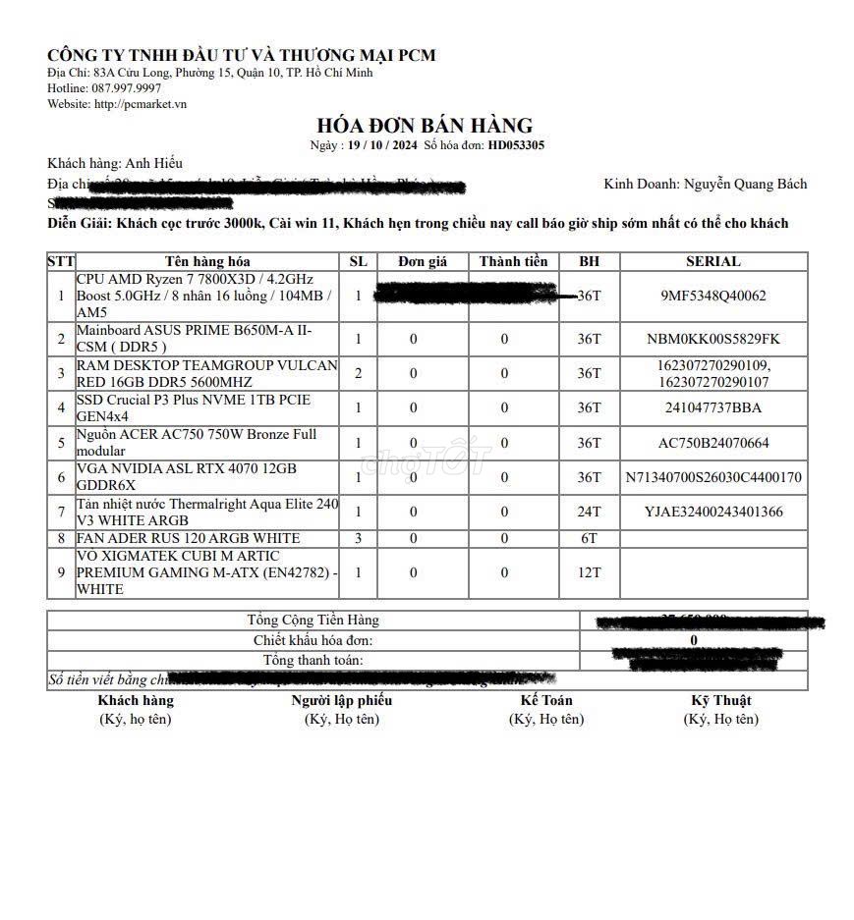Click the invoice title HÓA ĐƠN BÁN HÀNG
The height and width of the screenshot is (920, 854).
424,126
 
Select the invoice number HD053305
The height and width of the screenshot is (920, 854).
516,145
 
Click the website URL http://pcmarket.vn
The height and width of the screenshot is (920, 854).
141,104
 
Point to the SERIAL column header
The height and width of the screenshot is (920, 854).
712,261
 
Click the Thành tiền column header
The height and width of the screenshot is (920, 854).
513,261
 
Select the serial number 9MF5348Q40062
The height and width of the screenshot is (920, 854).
713,296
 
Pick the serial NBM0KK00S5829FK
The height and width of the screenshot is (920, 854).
713,339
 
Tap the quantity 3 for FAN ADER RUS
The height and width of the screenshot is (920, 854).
359,538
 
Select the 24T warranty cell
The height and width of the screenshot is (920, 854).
589,512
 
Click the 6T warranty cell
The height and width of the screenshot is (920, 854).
589,538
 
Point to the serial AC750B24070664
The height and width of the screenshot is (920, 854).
713,443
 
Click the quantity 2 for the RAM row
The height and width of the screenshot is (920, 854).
359,373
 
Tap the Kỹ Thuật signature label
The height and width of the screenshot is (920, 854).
720,700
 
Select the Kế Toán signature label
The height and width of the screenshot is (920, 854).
545,700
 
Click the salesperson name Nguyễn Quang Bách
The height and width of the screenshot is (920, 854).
745,184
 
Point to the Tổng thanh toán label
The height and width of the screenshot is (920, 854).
313,660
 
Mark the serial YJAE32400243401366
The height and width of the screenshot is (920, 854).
713,512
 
